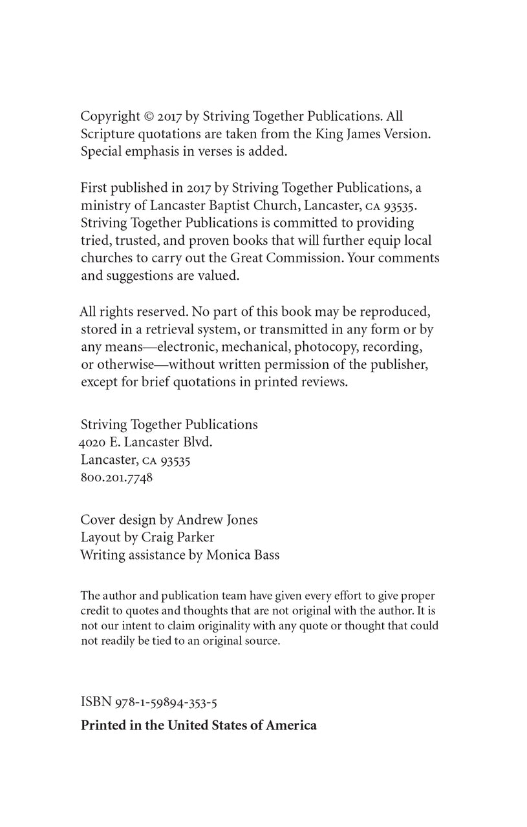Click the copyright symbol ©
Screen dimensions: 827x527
click(149, 117)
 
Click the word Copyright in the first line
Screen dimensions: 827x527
click(110, 117)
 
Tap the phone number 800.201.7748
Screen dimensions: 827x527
click(116, 479)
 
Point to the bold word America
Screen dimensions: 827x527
click(290, 726)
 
